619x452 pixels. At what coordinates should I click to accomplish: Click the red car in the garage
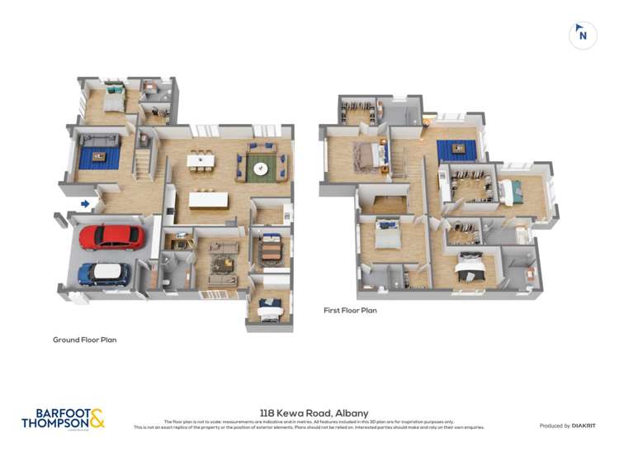click(x=111, y=237)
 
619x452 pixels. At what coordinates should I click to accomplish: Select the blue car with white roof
click(x=104, y=273)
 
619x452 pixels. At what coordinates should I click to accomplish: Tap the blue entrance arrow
click(x=85, y=203)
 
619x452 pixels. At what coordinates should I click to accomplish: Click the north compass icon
click(x=583, y=35)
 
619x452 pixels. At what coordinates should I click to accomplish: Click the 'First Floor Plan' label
click(x=350, y=310)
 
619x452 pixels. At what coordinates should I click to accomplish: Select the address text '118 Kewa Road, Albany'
click(x=314, y=412)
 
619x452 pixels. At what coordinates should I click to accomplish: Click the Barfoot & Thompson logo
click(x=63, y=418)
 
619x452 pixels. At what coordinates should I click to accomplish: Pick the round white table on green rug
click(x=261, y=169)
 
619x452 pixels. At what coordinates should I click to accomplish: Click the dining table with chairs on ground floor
click(x=201, y=160)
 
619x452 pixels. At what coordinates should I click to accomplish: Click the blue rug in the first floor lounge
click(x=456, y=150)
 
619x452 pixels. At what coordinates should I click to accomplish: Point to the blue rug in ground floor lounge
click(x=99, y=156)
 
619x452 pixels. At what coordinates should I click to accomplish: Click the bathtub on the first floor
click(x=522, y=236)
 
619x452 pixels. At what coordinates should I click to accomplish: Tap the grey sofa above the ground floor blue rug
click(x=99, y=140)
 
